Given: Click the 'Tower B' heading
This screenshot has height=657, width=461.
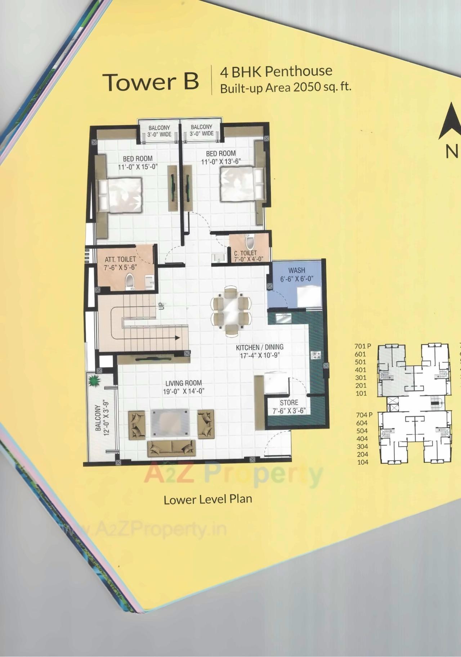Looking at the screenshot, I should (x=151, y=82).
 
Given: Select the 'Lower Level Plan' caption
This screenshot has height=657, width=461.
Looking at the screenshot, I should (x=207, y=499).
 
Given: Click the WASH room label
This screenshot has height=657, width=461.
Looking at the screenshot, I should (x=297, y=270).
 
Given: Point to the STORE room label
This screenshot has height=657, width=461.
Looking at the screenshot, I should (x=289, y=403).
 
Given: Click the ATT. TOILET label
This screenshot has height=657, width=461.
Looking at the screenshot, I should (x=120, y=259).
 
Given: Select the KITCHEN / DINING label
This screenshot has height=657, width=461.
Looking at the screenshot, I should (x=259, y=347).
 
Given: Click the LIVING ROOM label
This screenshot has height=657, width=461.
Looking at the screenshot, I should (x=184, y=383).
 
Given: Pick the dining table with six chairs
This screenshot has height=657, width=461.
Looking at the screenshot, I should (x=230, y=310).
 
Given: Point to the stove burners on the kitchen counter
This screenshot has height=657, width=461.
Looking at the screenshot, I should (x=316, y=355).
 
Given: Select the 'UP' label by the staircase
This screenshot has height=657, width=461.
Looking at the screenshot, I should (x=162, y=306).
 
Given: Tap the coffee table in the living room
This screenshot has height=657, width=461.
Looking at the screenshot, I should (x=170, y=420).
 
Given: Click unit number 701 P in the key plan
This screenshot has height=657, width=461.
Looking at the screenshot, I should (x=362, y=346).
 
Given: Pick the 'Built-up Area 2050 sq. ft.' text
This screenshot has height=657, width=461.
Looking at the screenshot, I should (x=285, y=88).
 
